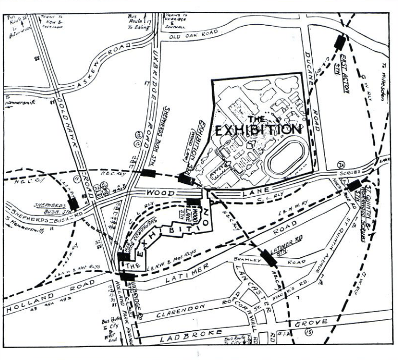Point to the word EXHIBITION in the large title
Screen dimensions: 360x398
click(x=258, y=130)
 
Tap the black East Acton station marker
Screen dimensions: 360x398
click(x=339, y=42)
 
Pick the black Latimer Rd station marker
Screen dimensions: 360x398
click(x=269, y=257)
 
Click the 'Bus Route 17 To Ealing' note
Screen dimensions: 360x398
click(x=139, y=23)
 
